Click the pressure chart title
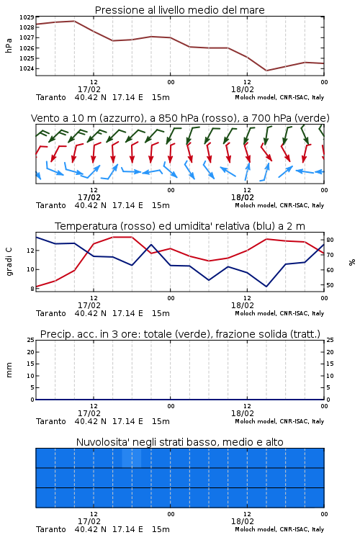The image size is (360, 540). click(179, 10)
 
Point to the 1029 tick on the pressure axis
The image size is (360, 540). click(27, 17)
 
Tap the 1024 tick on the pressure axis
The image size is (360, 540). click(27, 69)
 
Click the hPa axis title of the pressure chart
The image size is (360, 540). click(9, 45)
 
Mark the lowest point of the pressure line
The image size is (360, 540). click(266, 71)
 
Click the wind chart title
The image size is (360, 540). click(180, 118)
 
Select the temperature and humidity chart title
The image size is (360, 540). click(180, 226)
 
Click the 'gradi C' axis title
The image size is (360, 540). click(9, 262)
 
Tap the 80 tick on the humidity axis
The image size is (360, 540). click(330, 240)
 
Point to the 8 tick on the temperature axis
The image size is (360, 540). click(32, 289)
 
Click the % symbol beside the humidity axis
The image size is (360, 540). click(352, 262)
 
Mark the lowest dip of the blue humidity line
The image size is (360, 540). click(266, 287)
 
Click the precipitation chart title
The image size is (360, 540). click(180, 334)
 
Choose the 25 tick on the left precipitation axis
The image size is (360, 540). click(31, 341)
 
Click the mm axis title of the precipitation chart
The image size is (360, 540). click(9, 370)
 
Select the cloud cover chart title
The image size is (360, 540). click(180, 442)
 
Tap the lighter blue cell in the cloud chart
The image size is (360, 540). click(132, 459)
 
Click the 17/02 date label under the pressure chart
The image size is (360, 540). click(89, 89)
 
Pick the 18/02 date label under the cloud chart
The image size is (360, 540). click(243, 521)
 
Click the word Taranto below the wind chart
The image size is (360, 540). click(51, 206)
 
